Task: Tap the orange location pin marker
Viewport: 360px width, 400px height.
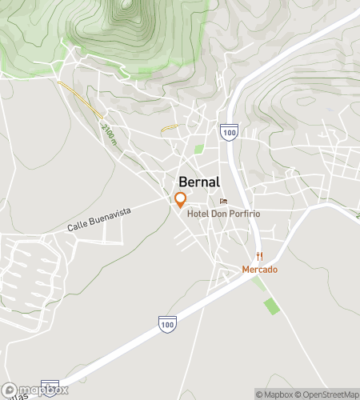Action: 181,200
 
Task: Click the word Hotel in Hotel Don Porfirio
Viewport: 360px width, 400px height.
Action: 198,214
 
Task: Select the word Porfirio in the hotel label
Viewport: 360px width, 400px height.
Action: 244,214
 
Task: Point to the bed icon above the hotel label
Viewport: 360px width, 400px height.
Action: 223,201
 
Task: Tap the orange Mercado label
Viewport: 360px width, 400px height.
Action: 260,270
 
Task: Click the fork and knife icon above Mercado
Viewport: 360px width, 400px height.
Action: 259,256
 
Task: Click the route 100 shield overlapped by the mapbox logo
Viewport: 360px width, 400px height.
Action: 50,386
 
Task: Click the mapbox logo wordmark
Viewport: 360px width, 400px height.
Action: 40,390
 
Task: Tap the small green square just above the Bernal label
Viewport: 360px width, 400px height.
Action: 198,149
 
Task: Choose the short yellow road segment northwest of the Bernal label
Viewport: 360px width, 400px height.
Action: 168,127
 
